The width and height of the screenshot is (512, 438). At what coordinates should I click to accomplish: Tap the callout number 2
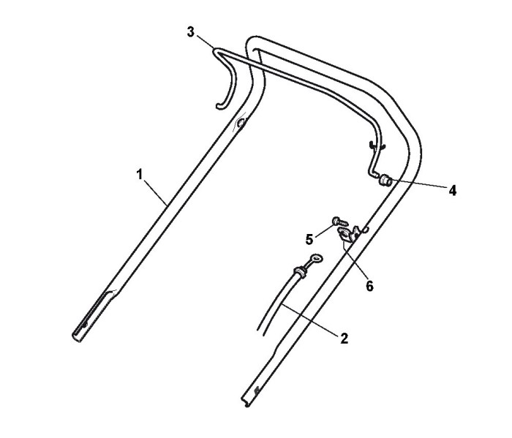click(345, 338)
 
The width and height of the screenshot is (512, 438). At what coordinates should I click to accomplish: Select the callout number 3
click(191, 32)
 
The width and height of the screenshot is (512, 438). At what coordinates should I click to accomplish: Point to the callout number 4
click(453, 190)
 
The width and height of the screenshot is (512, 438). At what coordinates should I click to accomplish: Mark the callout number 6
click(369, 286)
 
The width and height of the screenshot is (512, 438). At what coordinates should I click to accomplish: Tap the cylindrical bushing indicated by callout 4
click(385, 180)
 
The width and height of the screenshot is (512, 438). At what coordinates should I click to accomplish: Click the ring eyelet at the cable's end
click(315, 258)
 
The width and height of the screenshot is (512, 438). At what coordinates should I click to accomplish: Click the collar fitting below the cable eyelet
click(298, 273)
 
